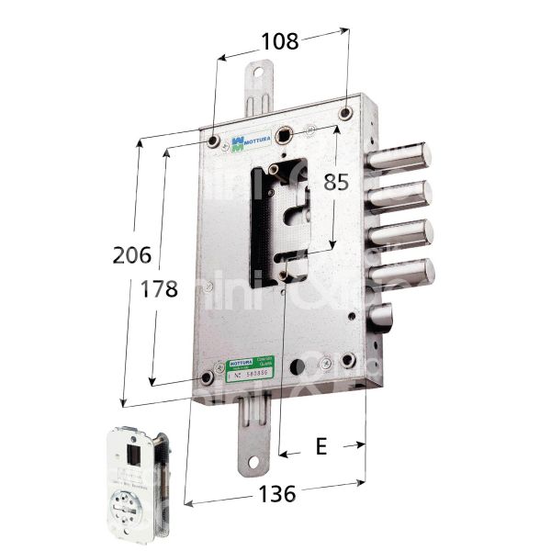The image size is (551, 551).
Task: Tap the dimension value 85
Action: [x=335, y=181]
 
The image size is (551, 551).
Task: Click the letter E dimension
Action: [x=321, y=446]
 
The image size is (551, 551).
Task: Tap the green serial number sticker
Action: [x=250, y=370]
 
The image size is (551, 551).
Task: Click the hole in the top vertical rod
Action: [x=258, y=76]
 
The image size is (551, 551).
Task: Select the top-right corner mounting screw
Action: [x=345, y=113]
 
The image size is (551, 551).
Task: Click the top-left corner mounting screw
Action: [x=212, y=141]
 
